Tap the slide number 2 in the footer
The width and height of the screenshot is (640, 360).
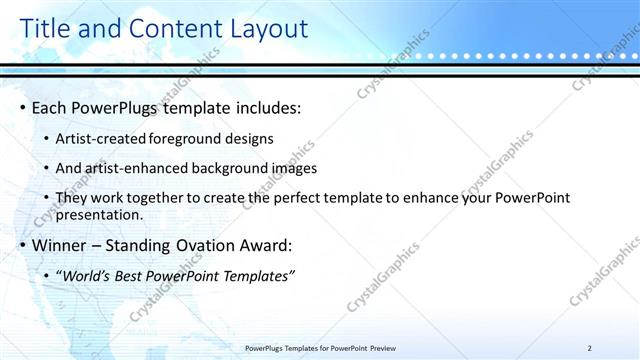[x=590, y=348]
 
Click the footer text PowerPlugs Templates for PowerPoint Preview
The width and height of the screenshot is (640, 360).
[x=320, y=348]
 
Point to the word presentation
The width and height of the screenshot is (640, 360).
[x=100, y=214]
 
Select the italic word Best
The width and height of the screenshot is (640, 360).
[x=138, y=275]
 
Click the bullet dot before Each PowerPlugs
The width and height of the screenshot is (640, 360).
[x=23, y=107]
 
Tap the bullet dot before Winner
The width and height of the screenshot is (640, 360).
[x=23, y=245]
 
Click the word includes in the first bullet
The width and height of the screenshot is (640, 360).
[x=267, y=107]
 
